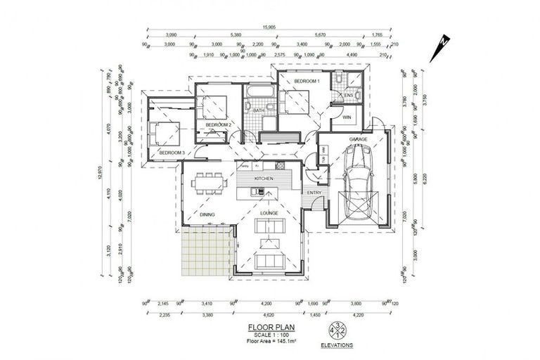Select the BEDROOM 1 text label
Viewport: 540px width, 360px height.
[307, 82]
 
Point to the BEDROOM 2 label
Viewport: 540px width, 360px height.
[218, 124]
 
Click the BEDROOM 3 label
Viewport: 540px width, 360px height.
[171, 153]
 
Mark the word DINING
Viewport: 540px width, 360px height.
[206, 214]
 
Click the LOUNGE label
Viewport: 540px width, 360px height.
[269, 212]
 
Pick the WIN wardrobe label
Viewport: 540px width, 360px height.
[347, 117]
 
